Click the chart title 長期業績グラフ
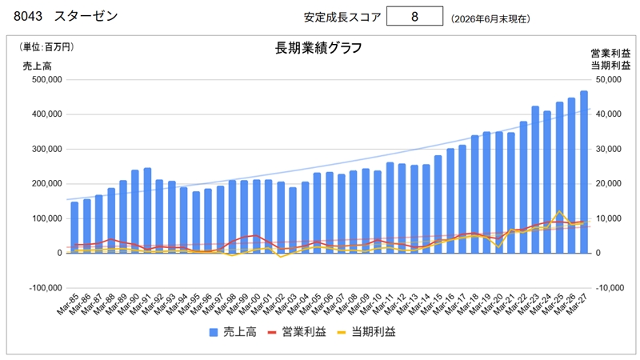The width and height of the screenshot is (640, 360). pyautogui.click(x=318, y=48)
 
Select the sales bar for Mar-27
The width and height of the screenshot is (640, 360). pyautogui.click(x=584, y=172)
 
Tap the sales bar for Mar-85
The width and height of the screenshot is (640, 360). pyautogui.click(x=74, y=227)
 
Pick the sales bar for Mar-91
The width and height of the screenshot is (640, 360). pyautogui.click(x=147, y=210)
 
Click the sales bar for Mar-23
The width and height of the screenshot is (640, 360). pyautogui.click(x=535, y=179)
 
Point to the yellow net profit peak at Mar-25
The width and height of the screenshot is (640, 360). pyautogui.click(x=559, y=211)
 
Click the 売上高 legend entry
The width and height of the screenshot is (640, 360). pyautogui.click(x=233, y=332)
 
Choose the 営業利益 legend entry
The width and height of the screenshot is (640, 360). pyautogui.click(x=297, y=332)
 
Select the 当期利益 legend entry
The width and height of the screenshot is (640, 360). pyautogui.click(x=366, y=332)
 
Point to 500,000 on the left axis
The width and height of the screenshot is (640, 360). pyautogui.click(x=47, y=79)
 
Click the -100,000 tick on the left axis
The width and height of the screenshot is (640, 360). pyautogui.click(x=46, y=288)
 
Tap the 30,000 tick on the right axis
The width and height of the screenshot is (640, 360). pyautogui.click(x=608, y=149)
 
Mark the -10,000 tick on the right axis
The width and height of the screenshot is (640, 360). pyautogui.click(x=610, y=288)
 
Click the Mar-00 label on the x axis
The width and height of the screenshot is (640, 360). pyautogui.click(x=250, y=304)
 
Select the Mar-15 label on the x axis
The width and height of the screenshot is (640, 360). pyautogui.click(x=431, y=304)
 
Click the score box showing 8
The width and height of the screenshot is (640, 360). pyautogui.click(x=414, y=16)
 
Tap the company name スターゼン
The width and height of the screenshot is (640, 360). pyautogui.click(x=86, y=16)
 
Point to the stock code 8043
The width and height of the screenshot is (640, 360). pyautogui.click(x=28, y=16)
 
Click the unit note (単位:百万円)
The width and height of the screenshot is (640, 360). pyautogui.click(x=46, y=47)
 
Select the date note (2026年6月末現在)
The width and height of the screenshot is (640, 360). pyautogui.click(x=490, y=18)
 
